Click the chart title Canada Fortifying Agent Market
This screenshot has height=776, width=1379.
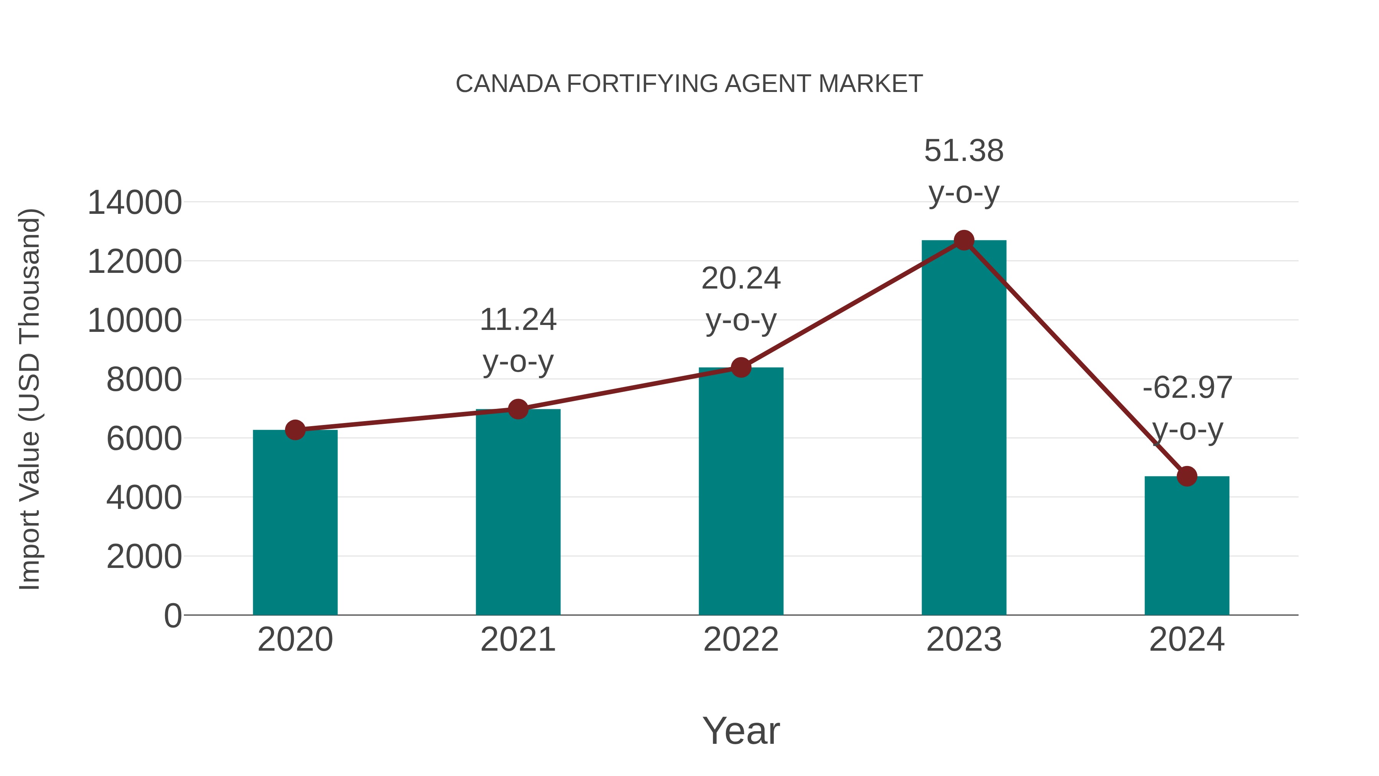click(x=689, y=84)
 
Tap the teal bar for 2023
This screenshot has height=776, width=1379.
click(x=964, y=428)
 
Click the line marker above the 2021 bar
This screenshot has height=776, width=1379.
click(x=518, y=409)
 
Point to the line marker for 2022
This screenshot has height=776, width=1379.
click(x=741, y=367)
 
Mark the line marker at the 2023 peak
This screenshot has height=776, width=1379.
click(x=964, y=240)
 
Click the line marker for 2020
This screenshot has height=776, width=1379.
click(x=295, y=430)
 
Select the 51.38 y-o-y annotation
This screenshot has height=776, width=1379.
click(x=964, y=171)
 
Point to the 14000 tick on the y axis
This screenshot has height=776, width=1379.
click(x=134, y=203)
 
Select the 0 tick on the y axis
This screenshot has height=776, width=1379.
click(x=173, y=615)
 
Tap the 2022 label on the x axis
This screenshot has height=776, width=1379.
click(x=741, y=640)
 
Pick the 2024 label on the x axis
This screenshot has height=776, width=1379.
click(x=1187, y=640)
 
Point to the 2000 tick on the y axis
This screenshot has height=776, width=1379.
click(x=144, y=556)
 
